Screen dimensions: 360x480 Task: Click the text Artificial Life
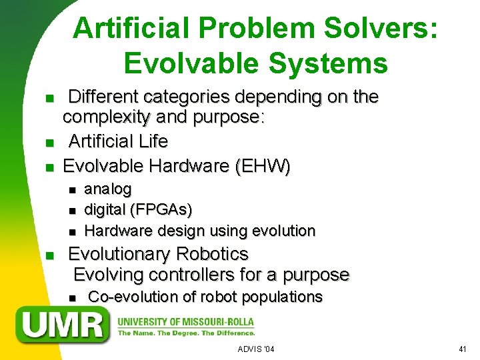pyautogui.click(x=118, y=141)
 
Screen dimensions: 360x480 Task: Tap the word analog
pyautogui.click(x=107, y=189)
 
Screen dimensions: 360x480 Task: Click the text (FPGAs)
pyautogui.click(x=162, y=210)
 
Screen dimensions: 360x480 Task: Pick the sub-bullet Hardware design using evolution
pyautogui.click(x=199, y=231)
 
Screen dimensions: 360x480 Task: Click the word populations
pyautogui.click(x=282, y=297)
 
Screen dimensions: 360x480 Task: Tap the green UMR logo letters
pyautogui.click(x=64, y=324)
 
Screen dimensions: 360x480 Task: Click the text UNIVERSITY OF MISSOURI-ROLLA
pyautogui.click(x=186, y=321)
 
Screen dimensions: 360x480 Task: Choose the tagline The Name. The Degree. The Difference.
pyautogui.click(x=186, y=333)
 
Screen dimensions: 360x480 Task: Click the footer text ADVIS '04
pyautogui.click(x=256, y=349)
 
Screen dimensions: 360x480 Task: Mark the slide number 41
pyautogui.click(x=463, y=349)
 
